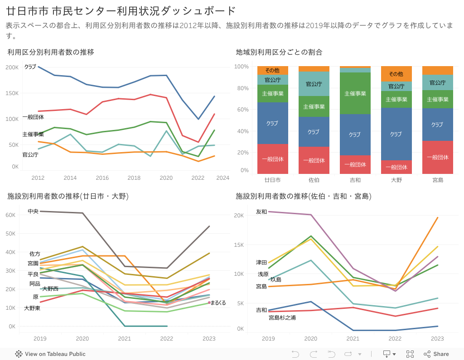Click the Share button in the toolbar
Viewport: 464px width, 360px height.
click(436, 354)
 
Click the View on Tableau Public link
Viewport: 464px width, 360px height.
click(50, 354)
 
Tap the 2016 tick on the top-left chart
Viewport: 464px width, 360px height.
click(102, 178)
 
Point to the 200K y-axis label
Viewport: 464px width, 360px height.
click(12, 67)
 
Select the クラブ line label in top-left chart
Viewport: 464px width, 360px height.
click(30, 67)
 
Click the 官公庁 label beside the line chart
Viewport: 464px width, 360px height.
click(30, 154)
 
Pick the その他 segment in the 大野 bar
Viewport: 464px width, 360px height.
click(396, 74)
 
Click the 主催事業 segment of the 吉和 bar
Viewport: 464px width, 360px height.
click(355, 93)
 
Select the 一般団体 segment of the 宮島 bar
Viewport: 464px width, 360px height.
click(437, 157)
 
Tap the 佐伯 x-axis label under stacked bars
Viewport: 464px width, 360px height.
click(314, 180)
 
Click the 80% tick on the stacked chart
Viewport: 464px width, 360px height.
click(242, 88)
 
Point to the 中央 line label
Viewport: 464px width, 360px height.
click(33, 211)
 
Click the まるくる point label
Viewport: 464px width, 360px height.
click(218, 302)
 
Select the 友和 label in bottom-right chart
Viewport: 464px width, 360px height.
click(261, 211)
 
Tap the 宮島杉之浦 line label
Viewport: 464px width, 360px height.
click(282, 317)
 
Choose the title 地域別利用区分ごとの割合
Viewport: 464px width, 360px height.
click(279, 52)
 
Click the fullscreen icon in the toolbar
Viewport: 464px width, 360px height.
click(410, 354)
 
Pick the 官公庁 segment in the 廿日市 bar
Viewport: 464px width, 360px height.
click(272, 80)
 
